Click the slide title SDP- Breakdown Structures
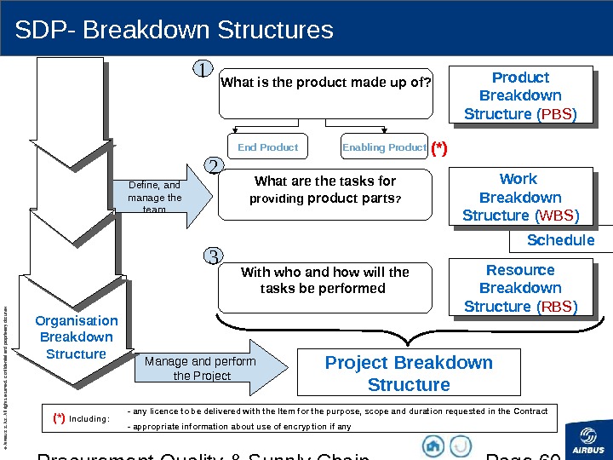coord(175,31)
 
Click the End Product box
coord(268,147)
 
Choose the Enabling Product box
coord(384,147)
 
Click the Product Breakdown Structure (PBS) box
coord(520,95)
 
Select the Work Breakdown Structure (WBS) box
coord(519,197)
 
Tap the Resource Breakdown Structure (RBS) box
coord(520,288)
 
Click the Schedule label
coord(560,240)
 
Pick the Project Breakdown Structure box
coord(409,373)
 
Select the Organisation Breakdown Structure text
coord(77,337)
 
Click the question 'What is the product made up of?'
coord(326,83)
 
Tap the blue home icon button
coord(433,446)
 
